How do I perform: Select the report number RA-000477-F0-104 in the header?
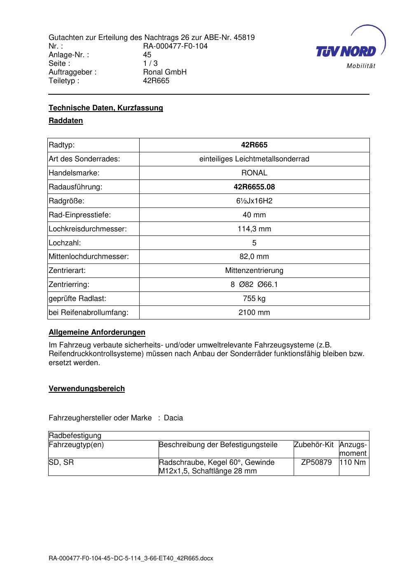175,46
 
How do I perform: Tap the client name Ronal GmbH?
164,72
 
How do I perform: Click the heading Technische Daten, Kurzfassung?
106,108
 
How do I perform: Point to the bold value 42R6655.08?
254,187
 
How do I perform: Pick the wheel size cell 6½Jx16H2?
254,201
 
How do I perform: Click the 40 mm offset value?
254,215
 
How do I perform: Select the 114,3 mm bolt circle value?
254,229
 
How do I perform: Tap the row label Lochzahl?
65,243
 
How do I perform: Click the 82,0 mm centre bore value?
254,256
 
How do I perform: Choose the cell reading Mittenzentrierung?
254,270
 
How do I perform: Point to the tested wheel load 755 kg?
254,298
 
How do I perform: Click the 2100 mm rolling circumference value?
254,312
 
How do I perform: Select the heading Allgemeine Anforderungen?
97,332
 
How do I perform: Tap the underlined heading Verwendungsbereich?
86,389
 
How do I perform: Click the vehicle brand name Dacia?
173,418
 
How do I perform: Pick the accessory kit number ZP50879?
316,462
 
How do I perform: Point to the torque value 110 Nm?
353,462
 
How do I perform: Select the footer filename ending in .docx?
131,559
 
